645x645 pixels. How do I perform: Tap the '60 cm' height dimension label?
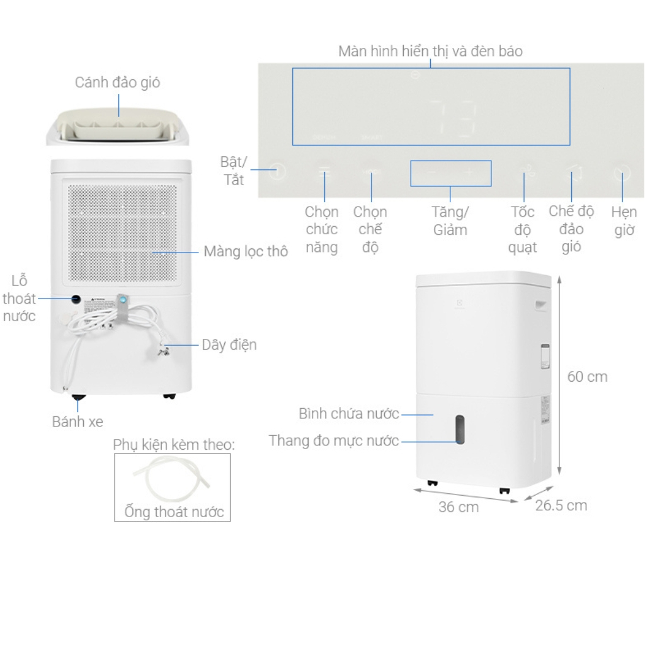coord(587,377)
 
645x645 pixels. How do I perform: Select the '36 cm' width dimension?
coord(458,507)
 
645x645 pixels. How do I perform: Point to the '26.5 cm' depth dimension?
coord(561,505)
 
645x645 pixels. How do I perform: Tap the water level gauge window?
coord(460,430)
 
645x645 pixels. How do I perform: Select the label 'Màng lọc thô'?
coord(245,252)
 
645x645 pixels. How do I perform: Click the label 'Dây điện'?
coord(229,345)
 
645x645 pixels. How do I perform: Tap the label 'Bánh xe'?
coord(77,422)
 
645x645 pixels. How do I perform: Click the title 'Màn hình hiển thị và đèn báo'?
coord(430,51)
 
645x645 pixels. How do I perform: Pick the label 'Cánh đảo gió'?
coord(117,83)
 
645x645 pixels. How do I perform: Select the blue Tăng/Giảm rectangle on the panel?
coord(450,173)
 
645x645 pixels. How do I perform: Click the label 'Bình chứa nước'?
coord(348,414)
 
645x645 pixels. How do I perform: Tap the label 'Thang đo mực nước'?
coord(334,441)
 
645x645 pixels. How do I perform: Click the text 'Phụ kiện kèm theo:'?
coord(174,445)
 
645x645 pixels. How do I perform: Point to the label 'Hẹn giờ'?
coord(624,221)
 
